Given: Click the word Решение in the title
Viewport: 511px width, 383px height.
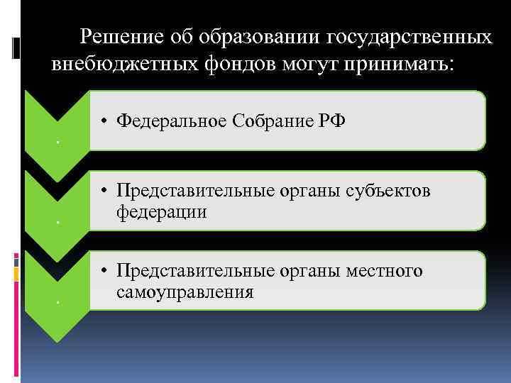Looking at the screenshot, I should tap(122, 36).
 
